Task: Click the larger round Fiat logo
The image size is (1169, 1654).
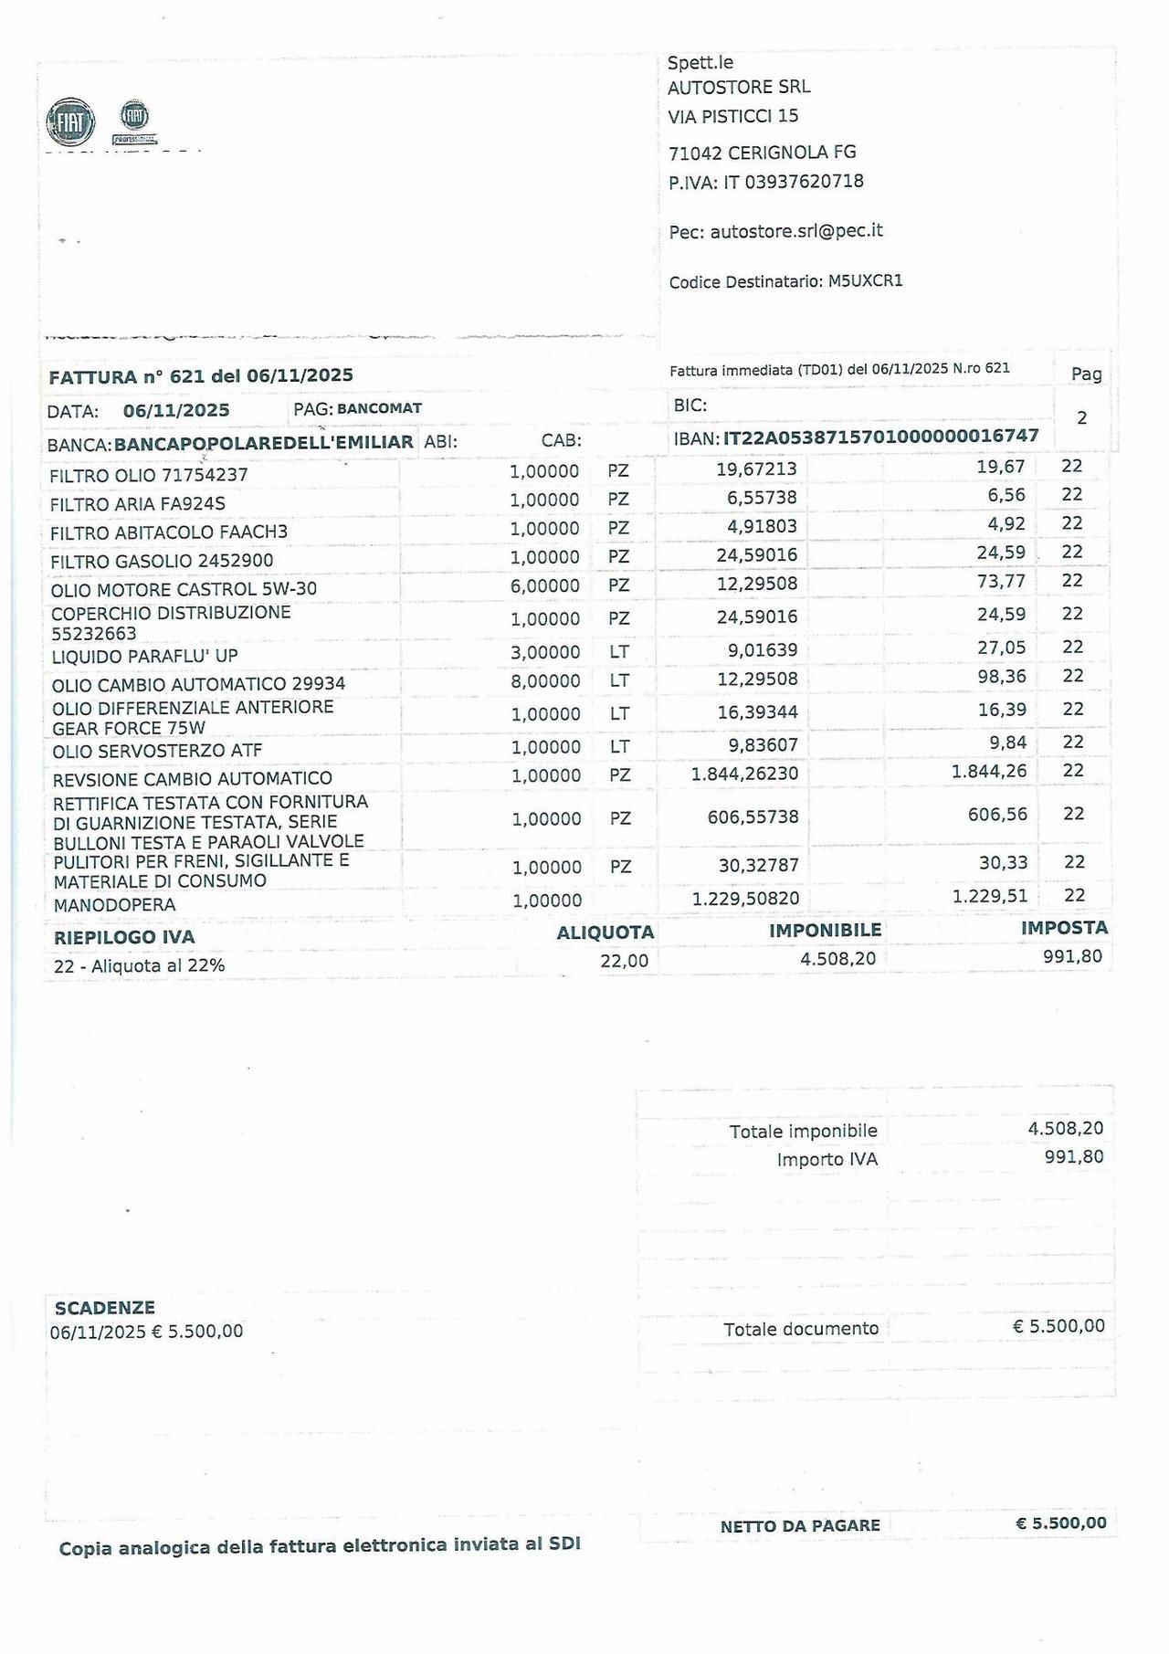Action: pos(70,121)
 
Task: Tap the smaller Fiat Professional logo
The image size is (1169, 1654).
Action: pos(134,120)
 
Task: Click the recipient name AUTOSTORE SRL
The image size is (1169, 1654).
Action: pos(739,88)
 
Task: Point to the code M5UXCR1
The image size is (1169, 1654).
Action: pos(865,281)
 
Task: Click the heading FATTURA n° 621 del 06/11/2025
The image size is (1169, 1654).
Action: pos(201,376)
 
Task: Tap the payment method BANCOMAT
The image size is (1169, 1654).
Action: pos(379,408)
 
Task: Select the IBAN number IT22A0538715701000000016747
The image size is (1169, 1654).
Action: pos(880,437)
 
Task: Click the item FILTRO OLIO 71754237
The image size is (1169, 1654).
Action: pos(149,475)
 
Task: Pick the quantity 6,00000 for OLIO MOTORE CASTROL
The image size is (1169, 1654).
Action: pos(544,585)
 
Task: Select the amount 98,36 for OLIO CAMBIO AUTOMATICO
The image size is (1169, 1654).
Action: pos(1001,677)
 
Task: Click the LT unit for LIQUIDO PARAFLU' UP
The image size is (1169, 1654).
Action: pos(619,652)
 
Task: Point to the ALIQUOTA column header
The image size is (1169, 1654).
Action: pos(606,932)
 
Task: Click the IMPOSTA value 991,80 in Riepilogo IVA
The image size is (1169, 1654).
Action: pos(1072,956)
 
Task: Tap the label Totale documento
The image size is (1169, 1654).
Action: pos(801,1329)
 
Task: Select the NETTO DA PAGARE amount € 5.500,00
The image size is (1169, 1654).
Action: pos(1060,1523)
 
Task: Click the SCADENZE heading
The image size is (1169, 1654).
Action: pos(105,1308)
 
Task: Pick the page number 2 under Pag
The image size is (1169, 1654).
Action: pos(1082,418)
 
